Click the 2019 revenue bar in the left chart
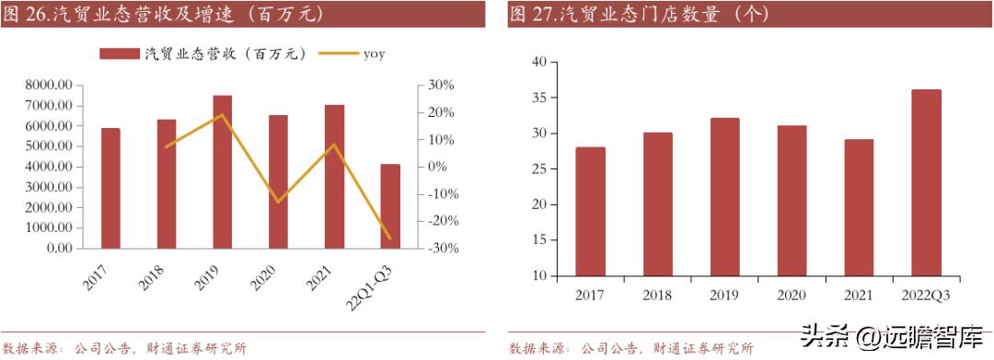pos(222,171)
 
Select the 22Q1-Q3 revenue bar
pos(390,206)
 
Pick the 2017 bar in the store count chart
pos(590,212)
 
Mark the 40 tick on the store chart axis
pos(539,63)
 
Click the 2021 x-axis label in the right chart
pos(859,295)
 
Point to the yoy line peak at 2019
pos(222,115)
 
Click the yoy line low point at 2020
pos(278,201)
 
